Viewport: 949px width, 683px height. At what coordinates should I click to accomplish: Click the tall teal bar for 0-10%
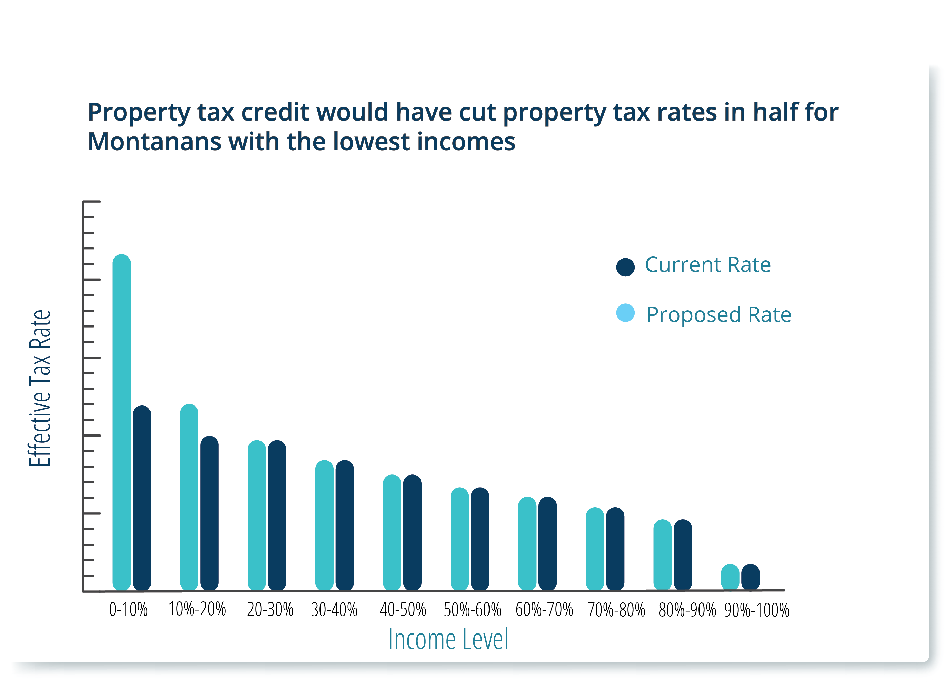coord(121,423)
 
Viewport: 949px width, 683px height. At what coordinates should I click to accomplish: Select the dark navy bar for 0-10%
coord(142,498)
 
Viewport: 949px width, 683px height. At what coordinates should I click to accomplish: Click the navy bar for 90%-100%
coord(750,578)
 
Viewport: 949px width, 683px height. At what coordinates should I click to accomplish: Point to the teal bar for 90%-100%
coord(730,578)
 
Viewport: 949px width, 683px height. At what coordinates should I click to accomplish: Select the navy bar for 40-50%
coord(412,532)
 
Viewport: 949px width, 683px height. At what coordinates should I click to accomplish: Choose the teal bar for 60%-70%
coord(527,544)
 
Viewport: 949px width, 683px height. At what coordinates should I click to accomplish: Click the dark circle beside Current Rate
coord(625,267)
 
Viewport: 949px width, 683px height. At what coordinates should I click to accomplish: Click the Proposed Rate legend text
coord(718,315)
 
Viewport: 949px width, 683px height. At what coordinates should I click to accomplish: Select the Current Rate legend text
coord(707,265)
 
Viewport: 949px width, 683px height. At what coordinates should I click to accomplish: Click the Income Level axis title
coord(448,639)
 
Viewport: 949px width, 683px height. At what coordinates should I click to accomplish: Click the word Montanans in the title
coord(154,142)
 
